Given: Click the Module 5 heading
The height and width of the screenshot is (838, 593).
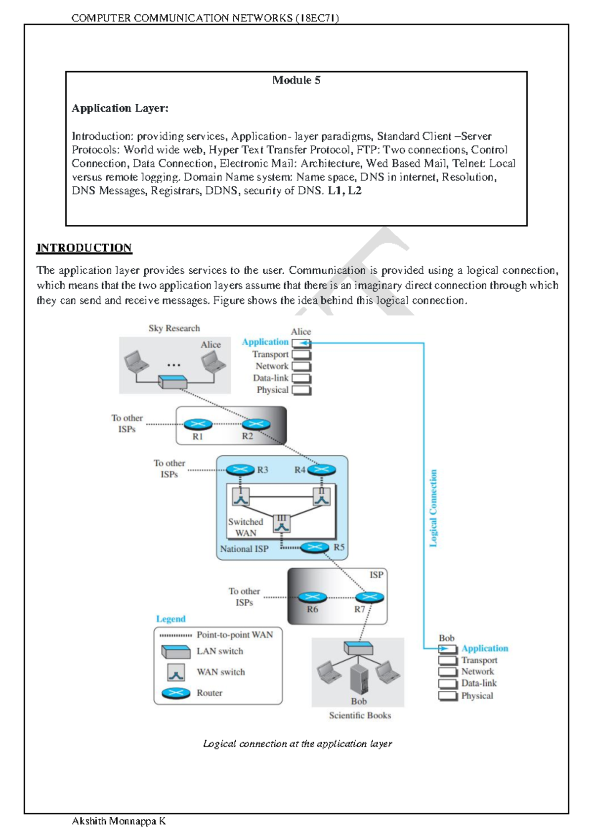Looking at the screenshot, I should coord(296,80).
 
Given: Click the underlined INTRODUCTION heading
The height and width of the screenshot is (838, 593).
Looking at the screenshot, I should coord(84,248).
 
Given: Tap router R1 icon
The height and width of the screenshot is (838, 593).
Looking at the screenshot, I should coord(198,424).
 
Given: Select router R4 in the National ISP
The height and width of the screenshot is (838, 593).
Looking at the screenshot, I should coord(322,469).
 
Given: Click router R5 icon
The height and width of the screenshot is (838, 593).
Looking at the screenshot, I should coord(315,547).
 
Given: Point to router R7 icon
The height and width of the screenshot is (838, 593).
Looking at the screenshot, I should coord(369,597).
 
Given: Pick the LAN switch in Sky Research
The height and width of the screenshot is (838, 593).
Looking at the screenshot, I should coord(172,381).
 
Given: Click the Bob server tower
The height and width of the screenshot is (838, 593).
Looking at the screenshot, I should coord(359,678).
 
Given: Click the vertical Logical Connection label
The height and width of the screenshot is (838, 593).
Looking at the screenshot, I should coord(433,508).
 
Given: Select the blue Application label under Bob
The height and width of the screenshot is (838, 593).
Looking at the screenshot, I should coord(484,648).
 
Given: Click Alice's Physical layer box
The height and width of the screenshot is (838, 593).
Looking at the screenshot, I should coord(301,390).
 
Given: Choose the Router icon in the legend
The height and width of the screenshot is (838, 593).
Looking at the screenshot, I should coord(176,693).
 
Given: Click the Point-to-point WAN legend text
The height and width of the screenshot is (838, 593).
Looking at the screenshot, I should coord(235,635).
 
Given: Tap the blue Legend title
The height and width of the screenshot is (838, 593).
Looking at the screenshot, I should coord(170,619).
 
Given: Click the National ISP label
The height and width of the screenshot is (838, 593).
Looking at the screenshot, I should coord(244,549).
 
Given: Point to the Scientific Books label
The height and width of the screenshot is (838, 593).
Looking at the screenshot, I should coord(360,715).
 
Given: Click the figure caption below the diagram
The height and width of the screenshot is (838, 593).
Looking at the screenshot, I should coord(297,744).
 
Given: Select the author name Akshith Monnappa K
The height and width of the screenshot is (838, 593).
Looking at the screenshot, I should coord(119,821).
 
